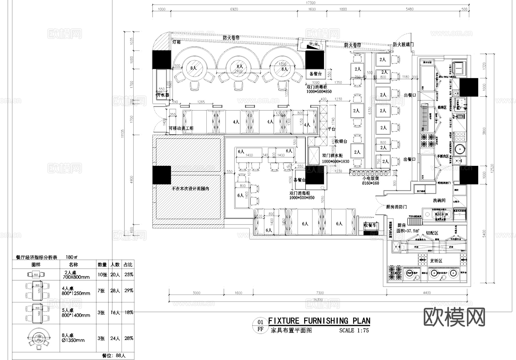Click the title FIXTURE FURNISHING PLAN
point(319,321)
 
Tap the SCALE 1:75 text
point(354,330)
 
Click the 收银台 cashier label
point(341,141)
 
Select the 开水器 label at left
point(163,95)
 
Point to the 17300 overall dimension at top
point(310,3)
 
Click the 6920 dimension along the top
point(234,9)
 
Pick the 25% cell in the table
point(129,275)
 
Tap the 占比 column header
point(128,264)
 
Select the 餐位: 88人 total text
point(114,356)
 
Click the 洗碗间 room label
point(439,201)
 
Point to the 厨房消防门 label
point(396,207)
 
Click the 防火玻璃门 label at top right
point(403,45)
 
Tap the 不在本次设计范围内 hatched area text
point(190,189)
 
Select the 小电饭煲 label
point(370,178)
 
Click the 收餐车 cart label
point(370,225)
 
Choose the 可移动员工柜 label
point(181,128)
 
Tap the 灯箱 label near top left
point(176,42)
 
